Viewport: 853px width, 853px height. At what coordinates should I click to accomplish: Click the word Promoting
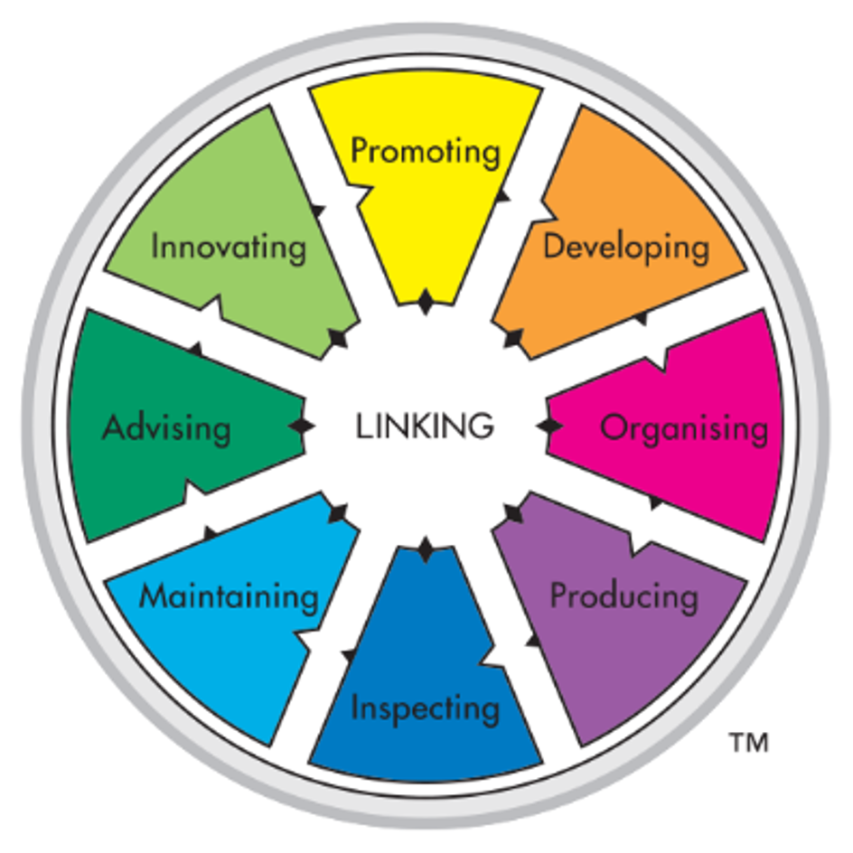coord(425,151)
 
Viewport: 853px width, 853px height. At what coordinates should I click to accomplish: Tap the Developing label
coord(625,247)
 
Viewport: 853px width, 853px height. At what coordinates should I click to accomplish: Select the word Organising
coord(684,427)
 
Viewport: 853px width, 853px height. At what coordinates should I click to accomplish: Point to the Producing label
coord(624,596)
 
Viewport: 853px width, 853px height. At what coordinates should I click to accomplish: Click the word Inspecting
coord(425,708)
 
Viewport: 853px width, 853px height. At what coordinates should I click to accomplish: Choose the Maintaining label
coord(230,596)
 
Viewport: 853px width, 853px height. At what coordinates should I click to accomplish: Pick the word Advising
coord(166,427)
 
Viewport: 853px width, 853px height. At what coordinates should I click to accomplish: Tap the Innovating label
coord(229,247)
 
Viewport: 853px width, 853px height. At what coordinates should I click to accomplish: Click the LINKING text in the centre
coord(425,425)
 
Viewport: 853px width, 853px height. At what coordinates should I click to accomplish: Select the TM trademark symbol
coord(748,743)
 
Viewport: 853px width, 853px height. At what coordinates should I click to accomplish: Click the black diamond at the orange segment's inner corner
coord(512,338)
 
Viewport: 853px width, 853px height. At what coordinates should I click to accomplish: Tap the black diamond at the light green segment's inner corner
coord(338,338)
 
